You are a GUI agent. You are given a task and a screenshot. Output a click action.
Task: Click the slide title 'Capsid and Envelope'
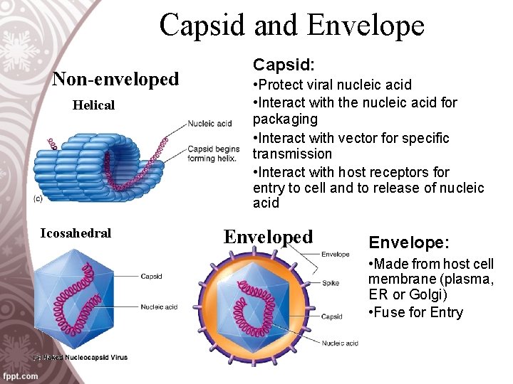(x=291, y=25)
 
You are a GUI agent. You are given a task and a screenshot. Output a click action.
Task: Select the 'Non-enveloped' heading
(x=115, y=79)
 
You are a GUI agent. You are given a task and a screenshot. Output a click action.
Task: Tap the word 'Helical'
(x=93, y=105)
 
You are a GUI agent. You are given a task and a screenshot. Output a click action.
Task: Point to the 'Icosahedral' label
(x=76, y=233)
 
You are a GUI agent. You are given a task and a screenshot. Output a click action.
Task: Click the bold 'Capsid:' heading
(x=284, y=65)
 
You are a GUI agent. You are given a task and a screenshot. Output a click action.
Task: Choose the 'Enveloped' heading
(x=268, y=237)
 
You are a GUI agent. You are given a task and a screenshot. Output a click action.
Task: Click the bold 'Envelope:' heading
(x=405, y=243)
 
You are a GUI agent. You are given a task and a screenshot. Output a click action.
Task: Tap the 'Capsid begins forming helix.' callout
(x=213, y=153)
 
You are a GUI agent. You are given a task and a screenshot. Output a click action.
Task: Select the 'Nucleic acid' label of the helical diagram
(x=209, y=124)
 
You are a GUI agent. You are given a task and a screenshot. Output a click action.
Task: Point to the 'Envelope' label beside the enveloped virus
(x=335, y=254)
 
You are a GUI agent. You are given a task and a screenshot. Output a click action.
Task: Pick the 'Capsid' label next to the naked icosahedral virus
(x=151, y=276)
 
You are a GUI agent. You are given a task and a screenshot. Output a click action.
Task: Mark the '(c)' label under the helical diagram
(x=37, y=198)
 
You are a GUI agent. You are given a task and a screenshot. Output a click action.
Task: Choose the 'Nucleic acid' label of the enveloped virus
(x=339, y=343)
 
